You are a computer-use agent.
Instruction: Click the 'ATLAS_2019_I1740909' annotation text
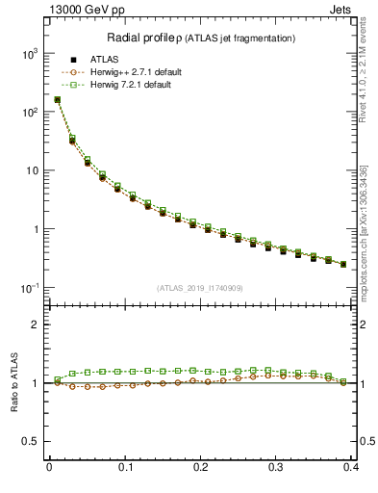(199, 288)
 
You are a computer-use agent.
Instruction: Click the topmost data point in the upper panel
(58, 99)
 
